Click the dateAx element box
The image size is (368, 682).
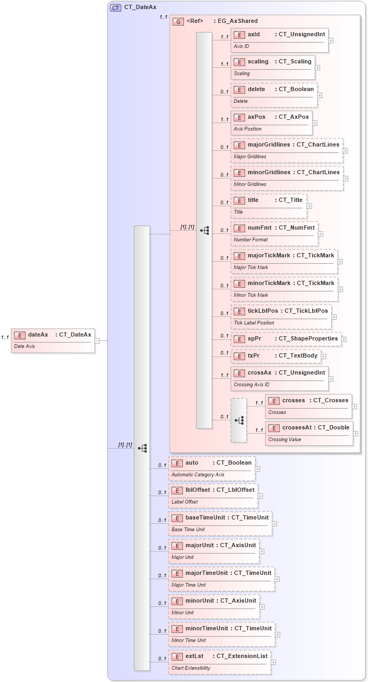click(x=53, y=340)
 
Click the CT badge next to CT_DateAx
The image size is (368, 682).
click(x=115, y=7)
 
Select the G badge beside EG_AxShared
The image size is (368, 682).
click(x=178, y=21)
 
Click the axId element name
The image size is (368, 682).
click(x=254, y=34)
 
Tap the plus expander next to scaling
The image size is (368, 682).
click(x=317, y=68)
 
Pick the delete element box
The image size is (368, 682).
click(x=274, y=95)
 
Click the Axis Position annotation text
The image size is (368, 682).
click(x=248, y=129)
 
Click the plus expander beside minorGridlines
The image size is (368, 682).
click(x=346, y=178)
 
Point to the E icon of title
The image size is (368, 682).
click(x=239, y=200)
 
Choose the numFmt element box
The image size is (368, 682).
click(x=274, y=233)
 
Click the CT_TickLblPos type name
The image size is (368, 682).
click(x=306, y=311)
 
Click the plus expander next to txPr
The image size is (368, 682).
click(x=323, y=356)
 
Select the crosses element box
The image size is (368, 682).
click(x=308, y=406)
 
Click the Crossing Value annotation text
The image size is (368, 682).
click(x=285, y=440)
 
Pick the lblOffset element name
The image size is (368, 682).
click(x=197, y=490)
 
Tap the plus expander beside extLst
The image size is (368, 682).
click(x=273, y=662)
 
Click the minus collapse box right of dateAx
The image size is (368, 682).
click(x=97, y=340)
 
